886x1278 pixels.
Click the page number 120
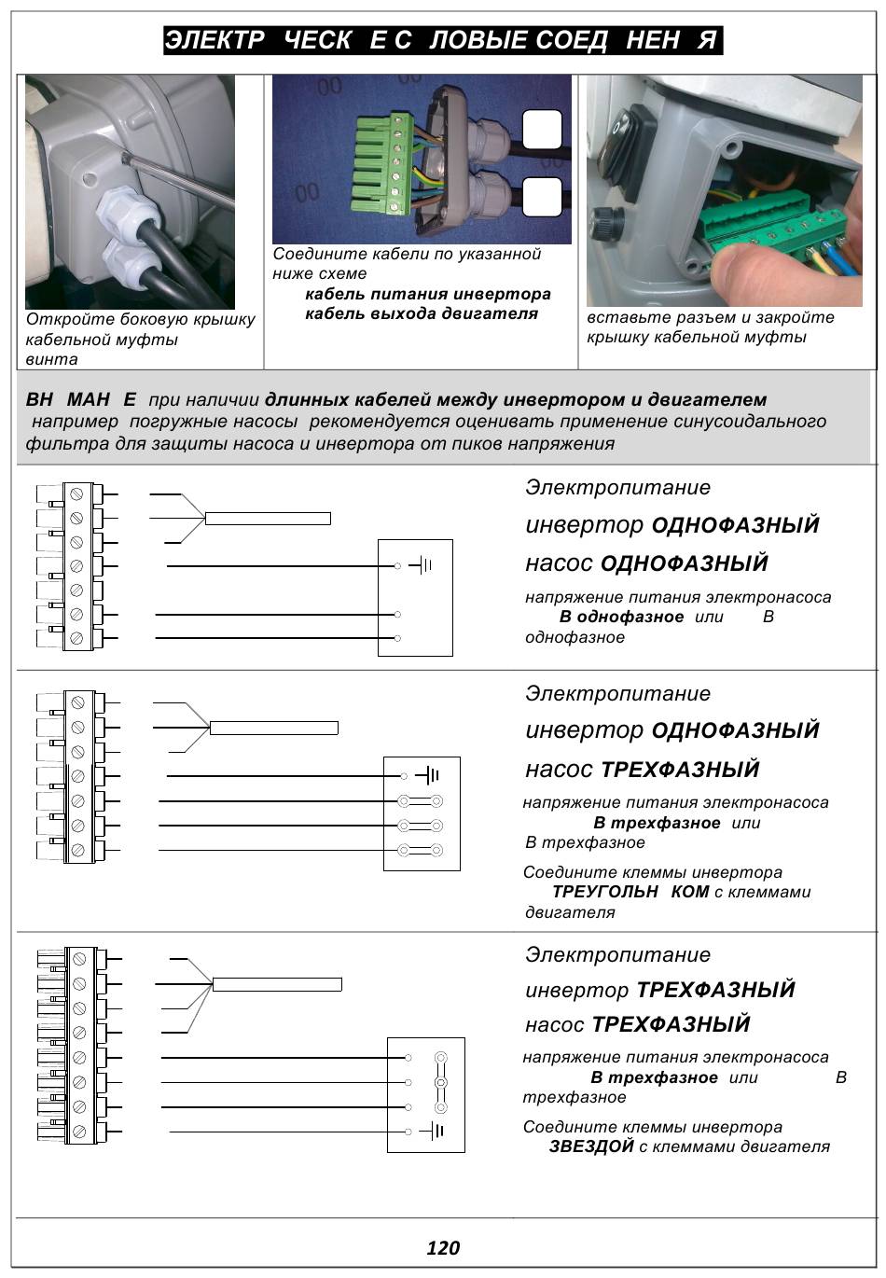443,1248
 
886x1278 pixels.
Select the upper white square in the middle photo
542,130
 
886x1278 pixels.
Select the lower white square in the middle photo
542,197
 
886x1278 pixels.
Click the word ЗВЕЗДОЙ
591,1146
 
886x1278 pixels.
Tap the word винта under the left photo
52,359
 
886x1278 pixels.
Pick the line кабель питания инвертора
428,294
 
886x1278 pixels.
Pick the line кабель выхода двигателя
422,313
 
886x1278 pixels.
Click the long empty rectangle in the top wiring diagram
268,519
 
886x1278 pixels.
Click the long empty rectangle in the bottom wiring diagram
277,984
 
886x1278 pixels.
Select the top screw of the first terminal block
76,493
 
